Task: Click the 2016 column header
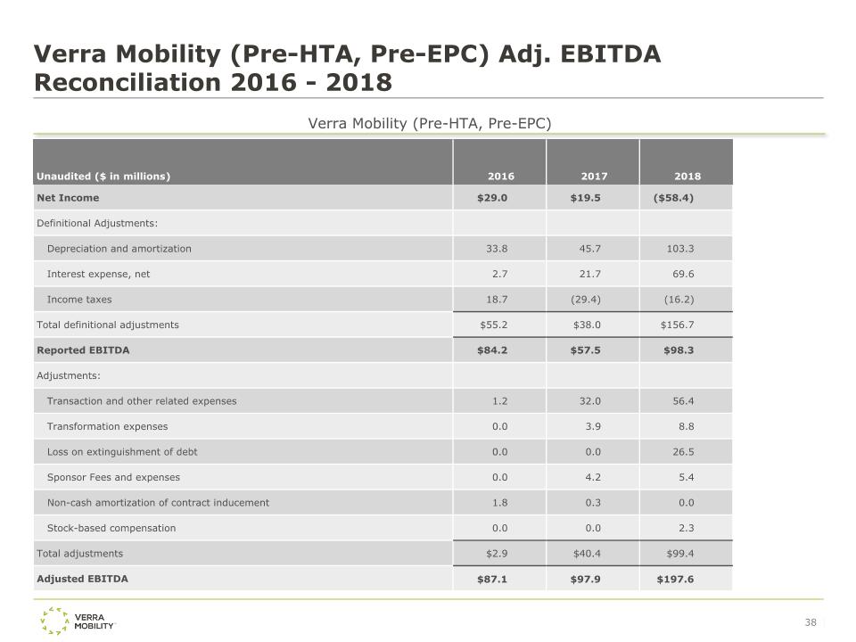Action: (500, 177)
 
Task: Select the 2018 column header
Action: (687, 177)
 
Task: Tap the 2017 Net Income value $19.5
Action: (585, 198)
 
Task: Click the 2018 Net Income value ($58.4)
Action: (673, 198)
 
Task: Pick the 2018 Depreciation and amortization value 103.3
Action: (680, 249)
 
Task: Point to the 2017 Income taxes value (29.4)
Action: (585, 300)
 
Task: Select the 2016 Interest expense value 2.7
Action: (500, 274)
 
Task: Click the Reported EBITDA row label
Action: (83, 350)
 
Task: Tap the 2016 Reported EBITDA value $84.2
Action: (492, 350)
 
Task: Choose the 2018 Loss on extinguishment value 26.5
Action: (683, 452)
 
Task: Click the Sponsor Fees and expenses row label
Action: (113, 477)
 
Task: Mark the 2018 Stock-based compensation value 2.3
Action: (686, 528)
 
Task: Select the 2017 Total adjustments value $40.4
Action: (587, 554)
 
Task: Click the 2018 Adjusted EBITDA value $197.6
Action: (675, 579)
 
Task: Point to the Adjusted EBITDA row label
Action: (82, 579)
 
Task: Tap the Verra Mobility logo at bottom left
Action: (78, 621)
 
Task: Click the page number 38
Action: (811, 622)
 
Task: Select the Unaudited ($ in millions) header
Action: (103, 177)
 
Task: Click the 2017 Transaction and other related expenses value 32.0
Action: (589, 401)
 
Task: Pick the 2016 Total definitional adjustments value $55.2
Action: (493, 325)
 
